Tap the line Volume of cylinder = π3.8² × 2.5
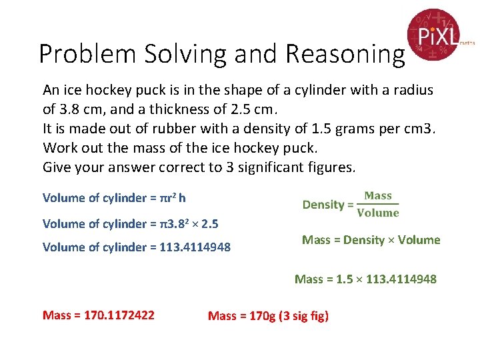tap(131, 224)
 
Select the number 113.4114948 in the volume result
tap(195, 247)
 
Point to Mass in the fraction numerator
tap(378, 196)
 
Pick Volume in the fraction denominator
tap(378, 213)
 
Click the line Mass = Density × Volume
tap(371, 240)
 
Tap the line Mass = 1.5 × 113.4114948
tap(365, 279)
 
